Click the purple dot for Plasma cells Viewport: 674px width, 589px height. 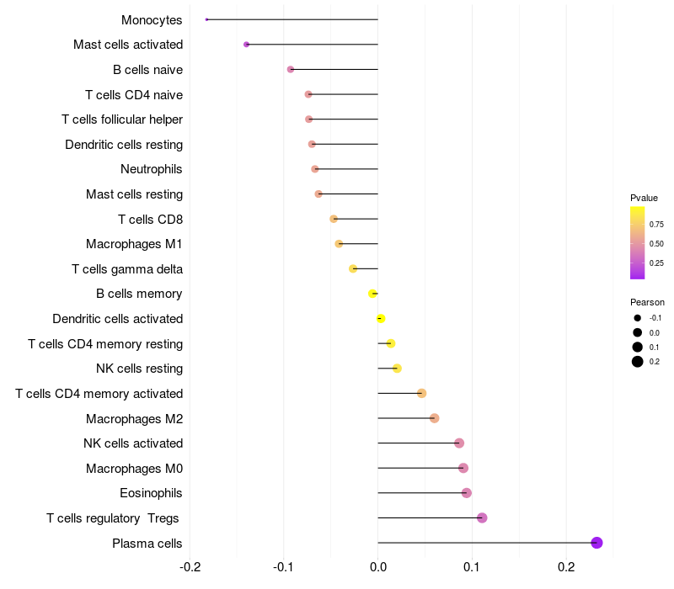(x=596, y=543)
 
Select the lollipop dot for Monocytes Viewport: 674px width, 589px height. (x=206, y=19)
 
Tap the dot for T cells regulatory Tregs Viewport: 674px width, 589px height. (x=482, y=517)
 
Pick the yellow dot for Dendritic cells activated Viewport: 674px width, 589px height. (x=381, y=318)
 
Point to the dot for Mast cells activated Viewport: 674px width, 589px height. (x=246, y=45)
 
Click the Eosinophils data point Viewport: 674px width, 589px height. (x=467, y=493)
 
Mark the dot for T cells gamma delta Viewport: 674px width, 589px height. (x=353, y=268)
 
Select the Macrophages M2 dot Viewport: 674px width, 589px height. (x=434, y=418)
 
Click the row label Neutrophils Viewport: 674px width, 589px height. (x=152, y=169)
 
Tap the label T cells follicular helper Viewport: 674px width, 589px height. (x=122, y=119)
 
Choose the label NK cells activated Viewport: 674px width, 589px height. (x=133, y=443)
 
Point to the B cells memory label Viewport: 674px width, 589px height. (x=139, y=294)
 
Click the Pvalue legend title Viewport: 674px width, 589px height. (x=644, y=198)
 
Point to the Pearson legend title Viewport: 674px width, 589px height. (x=647, y=302)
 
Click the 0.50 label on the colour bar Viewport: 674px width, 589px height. (x=656, y=244)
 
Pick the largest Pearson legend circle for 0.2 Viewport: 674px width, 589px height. (x=638, y=362)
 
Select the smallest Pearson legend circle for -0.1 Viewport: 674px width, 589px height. (x=638, y=318)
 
